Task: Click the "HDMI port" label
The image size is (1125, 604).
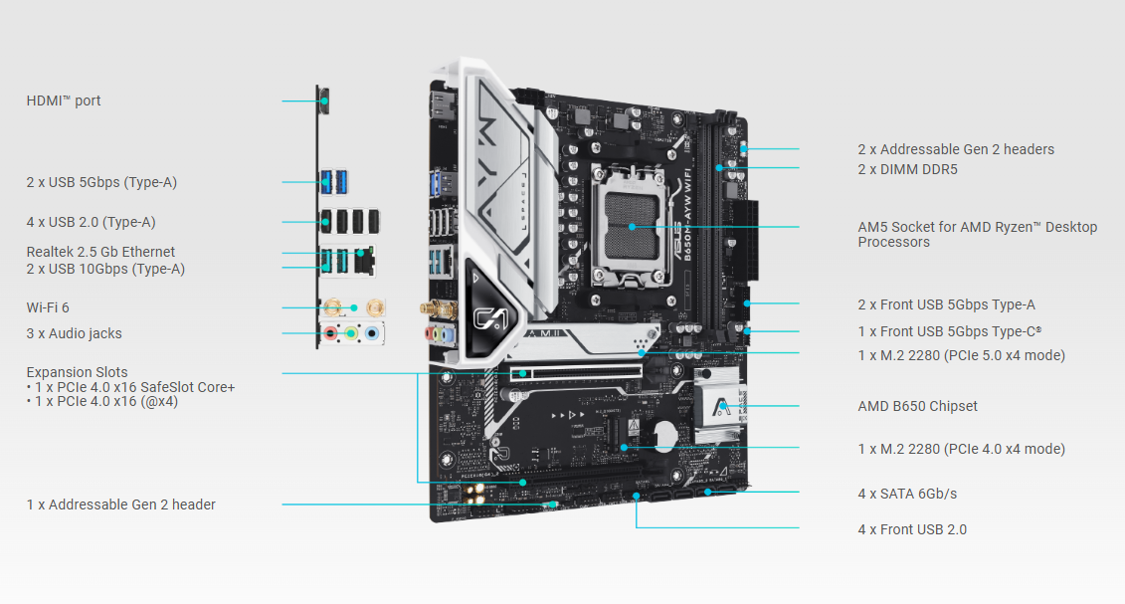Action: (63, 101)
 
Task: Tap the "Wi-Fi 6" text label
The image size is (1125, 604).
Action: (48, 307)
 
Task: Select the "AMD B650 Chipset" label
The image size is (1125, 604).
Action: (918, 406)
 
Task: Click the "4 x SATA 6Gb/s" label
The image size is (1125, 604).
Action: (907, 494)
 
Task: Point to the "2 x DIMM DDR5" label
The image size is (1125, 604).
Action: (907, 169)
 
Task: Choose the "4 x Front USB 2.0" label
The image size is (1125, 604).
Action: (912, 529)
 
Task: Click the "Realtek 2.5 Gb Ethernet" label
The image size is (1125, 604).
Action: (100, 252)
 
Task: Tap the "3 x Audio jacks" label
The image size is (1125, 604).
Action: (74, 333)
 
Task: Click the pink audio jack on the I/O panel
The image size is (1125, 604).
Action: (331, 332)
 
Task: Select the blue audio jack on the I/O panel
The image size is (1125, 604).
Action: (372, 332)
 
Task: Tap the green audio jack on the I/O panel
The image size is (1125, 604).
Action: (351, 332)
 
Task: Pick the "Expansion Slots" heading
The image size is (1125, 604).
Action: (77, 372)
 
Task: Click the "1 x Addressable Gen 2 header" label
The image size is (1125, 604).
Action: (121, 504)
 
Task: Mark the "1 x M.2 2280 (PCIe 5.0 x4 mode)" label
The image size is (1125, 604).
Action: (962, 355)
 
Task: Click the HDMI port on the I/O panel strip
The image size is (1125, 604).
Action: (324, 101)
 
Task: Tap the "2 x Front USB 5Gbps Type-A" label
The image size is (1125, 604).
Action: (946, 304)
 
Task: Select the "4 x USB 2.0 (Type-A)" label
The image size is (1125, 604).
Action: (92, 222)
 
